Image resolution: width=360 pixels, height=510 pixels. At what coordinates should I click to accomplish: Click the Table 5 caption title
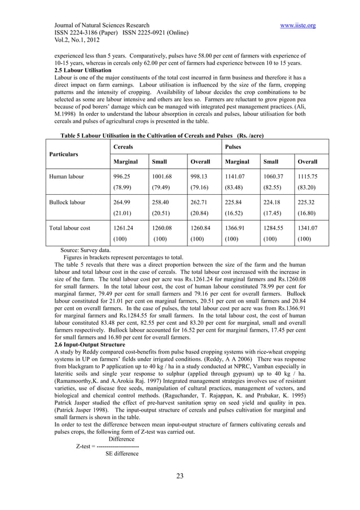(159, 136)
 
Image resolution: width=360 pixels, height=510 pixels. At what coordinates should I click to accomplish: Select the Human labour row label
(69, 176)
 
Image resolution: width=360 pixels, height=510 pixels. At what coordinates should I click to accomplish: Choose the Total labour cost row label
(74, 229)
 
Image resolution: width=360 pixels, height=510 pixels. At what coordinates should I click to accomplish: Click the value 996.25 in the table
(122, 176)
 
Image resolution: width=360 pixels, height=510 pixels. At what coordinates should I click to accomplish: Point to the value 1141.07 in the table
(236, 176)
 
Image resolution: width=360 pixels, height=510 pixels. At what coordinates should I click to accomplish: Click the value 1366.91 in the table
(236, 229)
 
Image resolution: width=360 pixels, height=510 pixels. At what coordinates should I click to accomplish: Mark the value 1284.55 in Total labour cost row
(275, 229)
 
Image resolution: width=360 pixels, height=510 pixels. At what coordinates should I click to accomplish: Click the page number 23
(180, 476)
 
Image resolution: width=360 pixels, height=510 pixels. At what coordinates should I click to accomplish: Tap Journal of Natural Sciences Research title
(102, 25)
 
